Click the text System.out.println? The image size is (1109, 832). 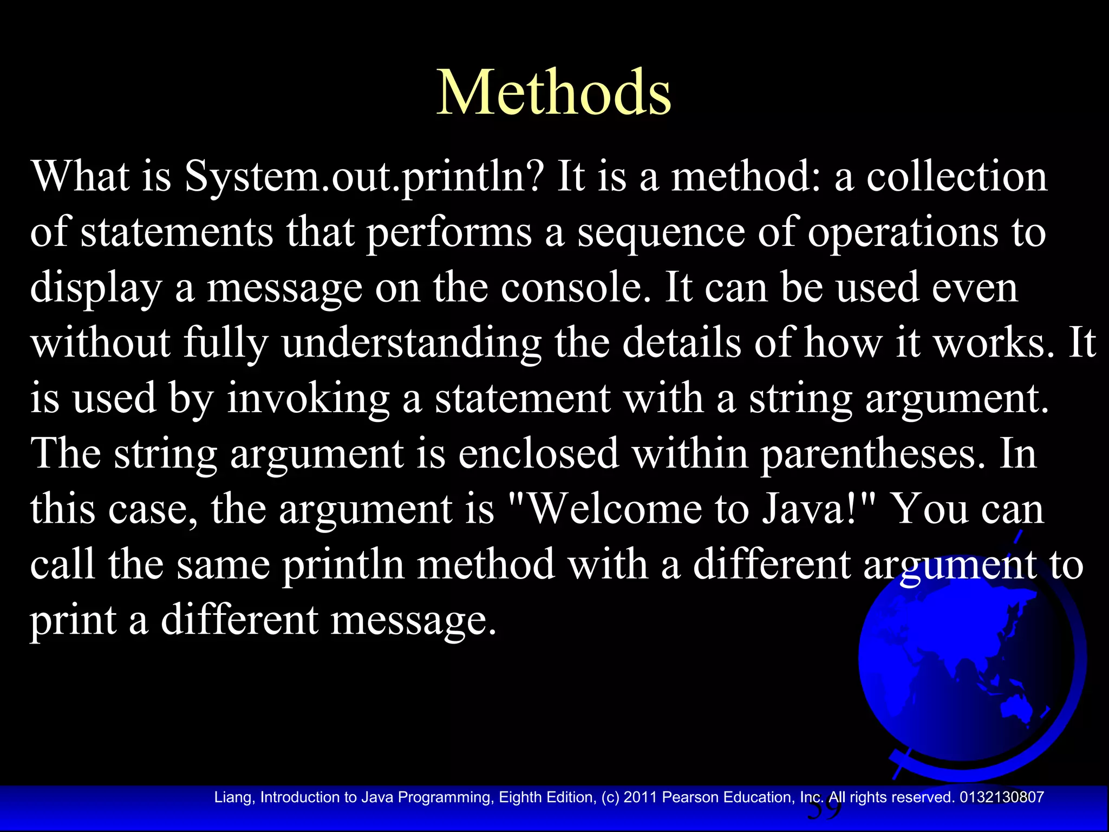[x=363, y=177]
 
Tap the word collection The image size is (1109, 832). [x=956, y=177]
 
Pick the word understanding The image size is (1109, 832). [x=412, y=343]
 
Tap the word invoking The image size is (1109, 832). [x=308, y=399]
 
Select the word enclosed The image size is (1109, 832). [x=539, y=454]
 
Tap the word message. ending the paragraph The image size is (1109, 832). [x=413, y=621]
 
